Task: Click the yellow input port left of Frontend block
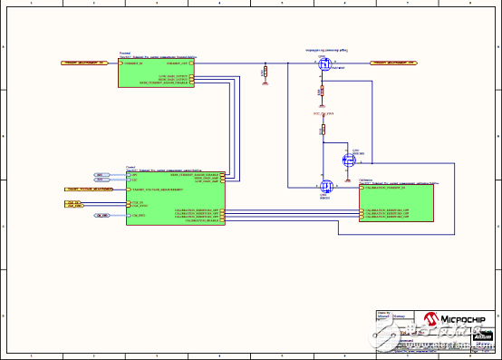[84, 63]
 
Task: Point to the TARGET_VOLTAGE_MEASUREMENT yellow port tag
[89, 189]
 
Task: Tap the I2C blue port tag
[99, 180]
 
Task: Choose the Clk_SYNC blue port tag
[101, 216]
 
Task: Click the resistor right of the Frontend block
[264, 72]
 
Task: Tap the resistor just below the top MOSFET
[321, 92]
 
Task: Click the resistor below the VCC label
[321, 131]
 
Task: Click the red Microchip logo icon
[423, 318]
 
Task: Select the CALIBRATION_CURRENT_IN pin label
[389, 187]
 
